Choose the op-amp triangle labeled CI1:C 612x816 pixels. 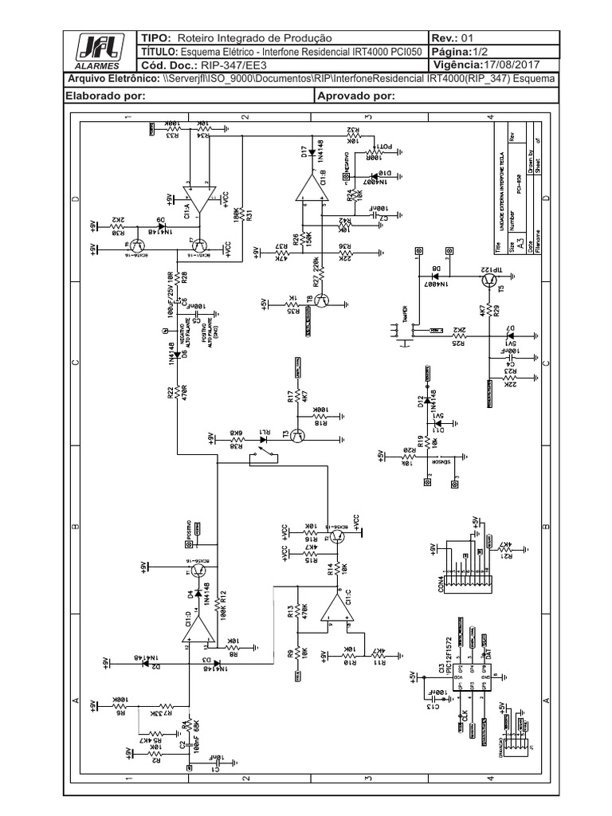point(337,610)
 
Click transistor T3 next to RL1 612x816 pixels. point(298,435)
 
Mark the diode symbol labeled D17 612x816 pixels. point(312,153)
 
